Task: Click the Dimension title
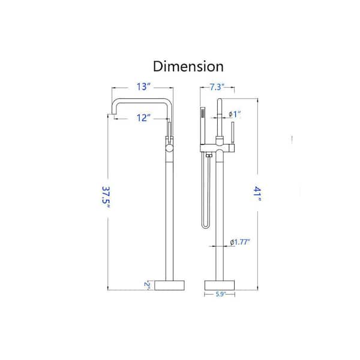tap(188, 67)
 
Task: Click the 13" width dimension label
tap(143, 87)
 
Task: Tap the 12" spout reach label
tap(143, 118)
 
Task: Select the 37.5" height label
tap(106, 197)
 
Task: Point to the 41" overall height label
tap(257, 194)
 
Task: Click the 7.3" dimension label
tap(217, 87)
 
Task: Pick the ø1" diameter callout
tap(235, 114)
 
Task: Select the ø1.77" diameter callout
tap(240, 242)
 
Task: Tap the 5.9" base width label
tap(221, 294)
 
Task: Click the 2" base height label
tap(147, 284)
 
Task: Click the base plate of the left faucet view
tap(169, 285)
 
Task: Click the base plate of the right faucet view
tap(220, 285)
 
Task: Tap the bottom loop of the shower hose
tap(205, 226)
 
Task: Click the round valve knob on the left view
tap(169, 148)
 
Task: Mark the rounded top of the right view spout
tap(220, 100)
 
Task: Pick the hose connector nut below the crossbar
tap(209, 156)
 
